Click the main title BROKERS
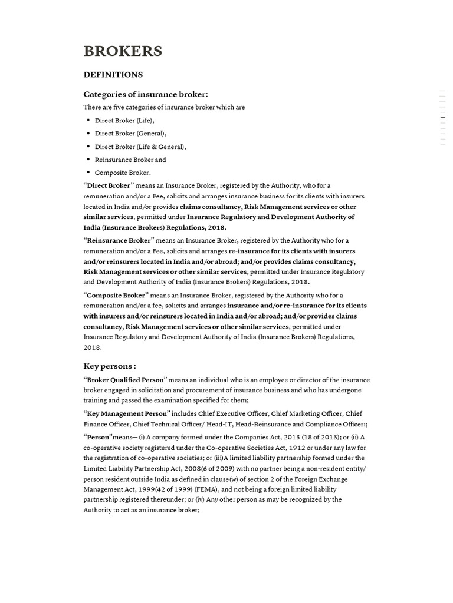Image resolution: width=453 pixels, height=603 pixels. pyautogui.click(x=123, y=51)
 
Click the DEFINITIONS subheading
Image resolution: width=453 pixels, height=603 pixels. pyautogui.click(x=113, y=75)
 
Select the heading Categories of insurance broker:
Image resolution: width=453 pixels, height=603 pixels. pyautogui.click(x=145, y=94)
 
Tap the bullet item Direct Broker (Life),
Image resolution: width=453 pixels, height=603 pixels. pyautogui.click(x=124, y=121)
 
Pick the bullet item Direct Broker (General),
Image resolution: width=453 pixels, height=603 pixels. pyautogui.click(x=130, y=134)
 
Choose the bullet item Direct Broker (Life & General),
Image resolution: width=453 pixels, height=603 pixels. pyautogui.click(x=140, y=147)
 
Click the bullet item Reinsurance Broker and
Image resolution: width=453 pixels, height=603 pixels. pyautogui.click(x=130, y=160)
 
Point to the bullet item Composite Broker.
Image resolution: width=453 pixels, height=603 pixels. pyautogui.click(x=123, y=173)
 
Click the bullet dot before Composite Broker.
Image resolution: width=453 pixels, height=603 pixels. pyautogui.click(x=88, y=172)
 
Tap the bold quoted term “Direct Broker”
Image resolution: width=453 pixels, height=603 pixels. pyautogui.click(x=109, y=185)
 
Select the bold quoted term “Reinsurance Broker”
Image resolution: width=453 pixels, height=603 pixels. pyautogui.click(x=119, y=240)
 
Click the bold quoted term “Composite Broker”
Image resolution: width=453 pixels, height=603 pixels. pyautogui.click(x=116, y=295)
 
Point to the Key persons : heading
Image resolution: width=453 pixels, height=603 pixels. pyautogui.click(x=110, y=366)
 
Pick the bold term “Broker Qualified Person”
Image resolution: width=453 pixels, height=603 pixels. pyautogui.click(x=125, y=380)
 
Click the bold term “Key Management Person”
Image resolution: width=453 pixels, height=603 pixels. pyautogui.click(x=127, y=413)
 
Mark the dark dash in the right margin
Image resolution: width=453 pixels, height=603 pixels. pyautogui.click(x=443, y=118)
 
